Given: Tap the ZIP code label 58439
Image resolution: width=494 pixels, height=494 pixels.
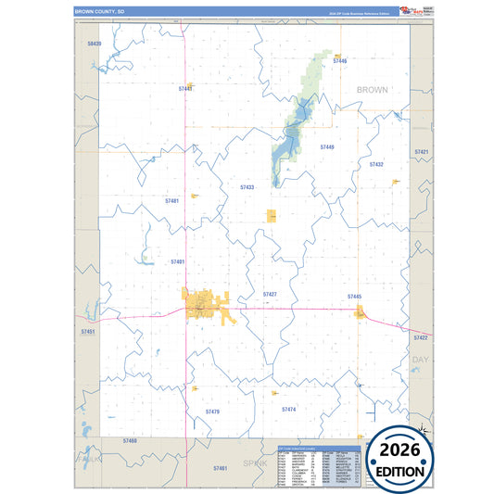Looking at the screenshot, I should coord(94,44).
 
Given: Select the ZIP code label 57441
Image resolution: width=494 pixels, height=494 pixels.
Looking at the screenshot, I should coord(185,88).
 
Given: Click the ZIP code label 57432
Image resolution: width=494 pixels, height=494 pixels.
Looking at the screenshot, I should coord(376,164).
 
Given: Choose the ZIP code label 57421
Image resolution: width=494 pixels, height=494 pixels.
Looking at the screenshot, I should coord(422,151).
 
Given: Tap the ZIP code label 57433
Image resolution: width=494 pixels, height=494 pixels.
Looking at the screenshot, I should coord(247,187).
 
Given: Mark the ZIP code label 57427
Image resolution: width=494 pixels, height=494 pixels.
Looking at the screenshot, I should coord(270,294).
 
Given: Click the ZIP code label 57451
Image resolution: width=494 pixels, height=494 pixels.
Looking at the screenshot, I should coord(88,331).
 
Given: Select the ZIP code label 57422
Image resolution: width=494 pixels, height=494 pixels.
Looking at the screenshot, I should coord(422,337).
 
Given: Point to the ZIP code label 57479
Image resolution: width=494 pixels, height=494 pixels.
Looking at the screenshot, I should coord(212,411).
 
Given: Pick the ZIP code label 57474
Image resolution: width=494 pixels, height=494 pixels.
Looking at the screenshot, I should coord(288,408).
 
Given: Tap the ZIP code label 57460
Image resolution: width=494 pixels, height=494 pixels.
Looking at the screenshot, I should coord(129,440).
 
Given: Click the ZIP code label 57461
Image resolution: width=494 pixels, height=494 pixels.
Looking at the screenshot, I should coord(220,468).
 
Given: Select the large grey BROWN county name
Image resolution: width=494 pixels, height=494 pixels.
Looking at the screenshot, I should coord(372,90).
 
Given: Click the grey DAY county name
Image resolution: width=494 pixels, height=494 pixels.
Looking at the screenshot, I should coord(421,359).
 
